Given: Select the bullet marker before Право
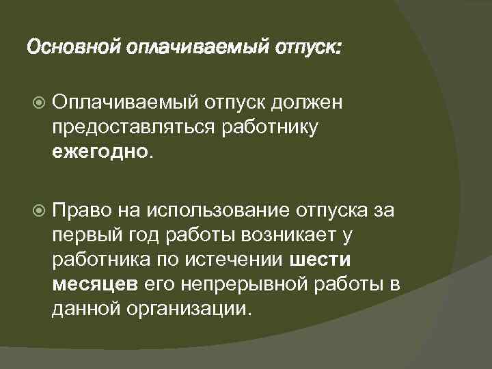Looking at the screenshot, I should point(37,208).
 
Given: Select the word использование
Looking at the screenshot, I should point(213,208).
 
